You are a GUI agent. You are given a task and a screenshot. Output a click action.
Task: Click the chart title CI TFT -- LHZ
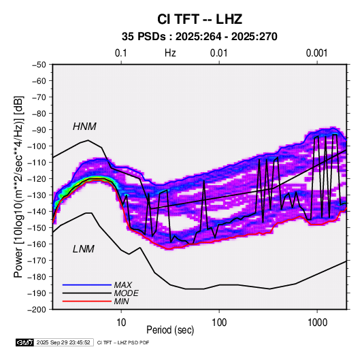[x=199, y=19]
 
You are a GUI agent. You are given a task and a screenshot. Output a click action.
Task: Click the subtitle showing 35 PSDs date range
[x=199, y=37]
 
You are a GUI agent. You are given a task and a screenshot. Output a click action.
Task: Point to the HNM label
[x=84, y=127]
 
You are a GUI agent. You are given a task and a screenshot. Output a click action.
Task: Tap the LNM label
[x=84, y=249]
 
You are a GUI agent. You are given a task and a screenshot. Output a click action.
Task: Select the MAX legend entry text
[x=123, y=284]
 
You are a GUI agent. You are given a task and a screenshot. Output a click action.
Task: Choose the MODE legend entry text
[x=127, y=293]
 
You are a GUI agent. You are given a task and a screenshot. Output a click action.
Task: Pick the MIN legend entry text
[x=121, y=301]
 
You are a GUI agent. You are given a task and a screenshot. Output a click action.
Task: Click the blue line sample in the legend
[x=87, y=284]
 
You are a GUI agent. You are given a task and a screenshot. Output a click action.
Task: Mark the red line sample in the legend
[x=87, y=301]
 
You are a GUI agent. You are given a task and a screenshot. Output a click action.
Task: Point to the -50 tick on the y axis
[x=39, y=65]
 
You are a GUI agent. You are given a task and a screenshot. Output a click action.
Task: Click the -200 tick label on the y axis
[x=37, y=310]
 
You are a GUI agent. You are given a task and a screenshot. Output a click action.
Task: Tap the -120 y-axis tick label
[x=37, y=179]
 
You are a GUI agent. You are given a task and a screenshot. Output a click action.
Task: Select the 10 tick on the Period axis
[x=121, y=323]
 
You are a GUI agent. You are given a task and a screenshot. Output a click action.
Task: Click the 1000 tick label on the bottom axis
[x=317, y=323]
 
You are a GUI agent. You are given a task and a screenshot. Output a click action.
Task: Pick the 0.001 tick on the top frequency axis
[x=316, y=53]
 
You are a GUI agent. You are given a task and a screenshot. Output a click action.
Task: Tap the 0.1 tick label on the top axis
[x=121, y=53]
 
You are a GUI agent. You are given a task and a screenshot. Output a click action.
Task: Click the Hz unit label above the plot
[x=170, y=53]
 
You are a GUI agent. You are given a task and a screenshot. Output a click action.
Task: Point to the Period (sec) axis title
[x=170, y=330]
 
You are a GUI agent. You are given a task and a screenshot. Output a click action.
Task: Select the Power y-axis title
[x=19, y=186]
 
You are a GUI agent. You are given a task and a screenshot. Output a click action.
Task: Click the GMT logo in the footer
[x=25, y=342]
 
